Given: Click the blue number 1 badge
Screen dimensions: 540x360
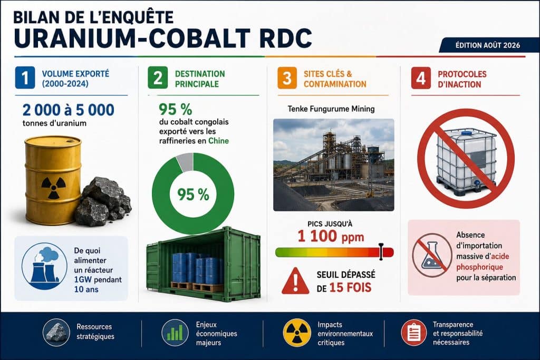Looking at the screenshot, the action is pyautogui.click(x=25, y=78).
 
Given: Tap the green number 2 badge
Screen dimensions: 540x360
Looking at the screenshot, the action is pyautogui.click(x=158, y=78).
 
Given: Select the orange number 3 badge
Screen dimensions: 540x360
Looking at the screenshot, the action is pyautogui.click(x=287, y=78).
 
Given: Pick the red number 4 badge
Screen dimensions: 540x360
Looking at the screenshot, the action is pyautogui.click(x=421, y=78).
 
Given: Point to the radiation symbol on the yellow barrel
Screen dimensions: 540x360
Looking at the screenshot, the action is pyautogui.click(x=53, y=188).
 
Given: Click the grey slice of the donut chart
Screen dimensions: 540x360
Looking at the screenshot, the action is pyautogui.click(x=185, y=162).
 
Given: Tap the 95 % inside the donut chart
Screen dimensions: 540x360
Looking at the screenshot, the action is pyautogui.click(x=193, y=194).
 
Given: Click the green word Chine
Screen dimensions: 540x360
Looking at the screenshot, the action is pyautogui.click(x=218, y=141).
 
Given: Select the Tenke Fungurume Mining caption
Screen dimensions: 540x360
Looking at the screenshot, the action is pyautogui.click(x=331, y=109).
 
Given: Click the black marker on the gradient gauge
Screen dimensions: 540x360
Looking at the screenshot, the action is pyautogui.click(x=381, y=251).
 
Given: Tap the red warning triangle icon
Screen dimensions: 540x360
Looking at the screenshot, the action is pyautogui.click(x=295, y=281).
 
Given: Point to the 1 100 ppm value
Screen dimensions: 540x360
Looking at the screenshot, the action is pyautogui.click(x=331, y=237).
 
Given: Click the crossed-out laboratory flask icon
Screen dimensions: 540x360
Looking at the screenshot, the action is pyautogui.click(x=432, y=255).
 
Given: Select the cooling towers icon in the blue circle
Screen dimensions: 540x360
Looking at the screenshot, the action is pyautogui.click(x=44, y=266).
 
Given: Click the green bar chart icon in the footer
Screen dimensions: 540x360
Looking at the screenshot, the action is pyautogui.click(x=175, y=333).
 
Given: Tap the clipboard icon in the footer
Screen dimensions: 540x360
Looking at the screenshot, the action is pyautogui.click(x=414, y=333).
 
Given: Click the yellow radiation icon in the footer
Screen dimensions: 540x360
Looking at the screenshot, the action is pyautogui.click(x=296, y=333).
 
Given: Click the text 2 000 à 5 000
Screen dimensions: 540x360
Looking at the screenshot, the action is pyautogui.click(x=68, y=110).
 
